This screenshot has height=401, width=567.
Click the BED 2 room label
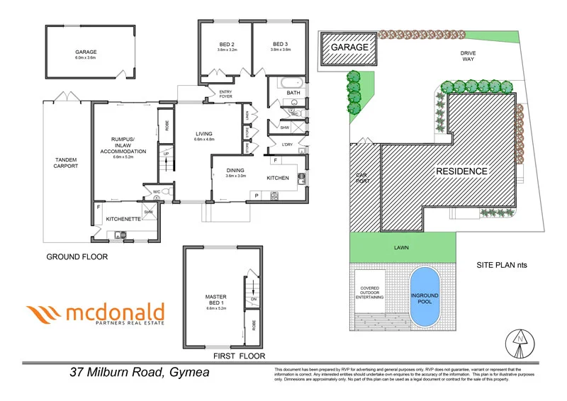228,47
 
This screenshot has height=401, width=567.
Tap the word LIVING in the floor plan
204,134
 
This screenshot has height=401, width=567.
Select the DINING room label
235,170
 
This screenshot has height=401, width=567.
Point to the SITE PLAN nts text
503,265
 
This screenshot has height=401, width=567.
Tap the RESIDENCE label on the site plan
461,171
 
